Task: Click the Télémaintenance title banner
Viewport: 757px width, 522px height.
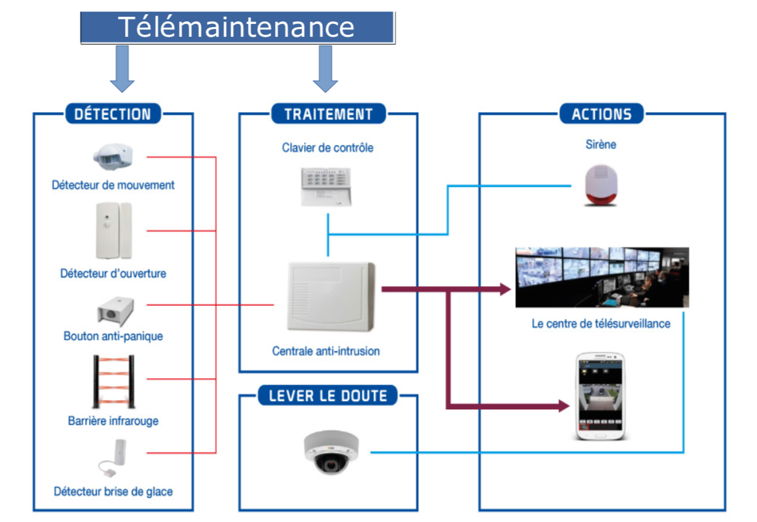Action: (x=237, y=27)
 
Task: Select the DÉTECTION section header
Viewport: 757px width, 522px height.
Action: (x=112, y=114)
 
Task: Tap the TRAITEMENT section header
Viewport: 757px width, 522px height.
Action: (x=328, y=114)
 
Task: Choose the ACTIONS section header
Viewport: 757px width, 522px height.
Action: (x=601, y=114)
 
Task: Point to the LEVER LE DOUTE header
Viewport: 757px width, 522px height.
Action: (x=328, y=394)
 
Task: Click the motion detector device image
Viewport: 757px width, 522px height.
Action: (x=113, y=157)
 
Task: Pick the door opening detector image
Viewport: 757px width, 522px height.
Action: (x=113, y=230)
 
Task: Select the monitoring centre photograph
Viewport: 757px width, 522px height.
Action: (x=602, y=277)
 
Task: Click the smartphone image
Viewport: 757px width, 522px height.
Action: (x=600, y=396)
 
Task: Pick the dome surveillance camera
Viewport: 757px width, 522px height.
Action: (x=331, y=452)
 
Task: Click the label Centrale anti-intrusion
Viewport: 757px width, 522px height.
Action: (x=326, y=351)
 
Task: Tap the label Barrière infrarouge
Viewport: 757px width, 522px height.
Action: (x=113, y=421)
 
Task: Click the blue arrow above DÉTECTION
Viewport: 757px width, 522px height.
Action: (x=122, y=68)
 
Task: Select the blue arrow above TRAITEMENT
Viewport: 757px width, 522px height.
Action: (x=325, y=68)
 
